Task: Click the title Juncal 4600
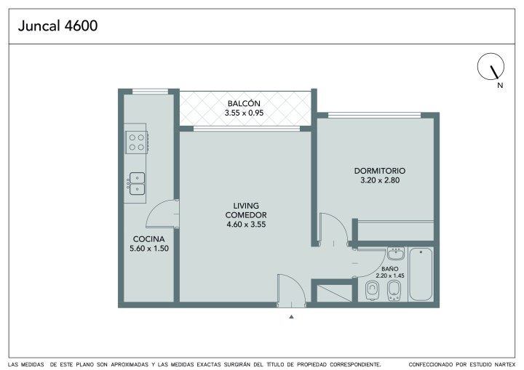(57, 25)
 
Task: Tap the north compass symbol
(491, 66)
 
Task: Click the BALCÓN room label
(244, 102)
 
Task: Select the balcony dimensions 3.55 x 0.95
(244, 113)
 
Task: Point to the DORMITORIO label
(380, 171)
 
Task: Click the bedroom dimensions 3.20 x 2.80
(380, 180)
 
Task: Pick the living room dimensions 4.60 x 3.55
(246, 225)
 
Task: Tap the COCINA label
(148, 239)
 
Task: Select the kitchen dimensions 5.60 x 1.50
(149, 249)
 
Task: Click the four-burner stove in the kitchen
(137, 142)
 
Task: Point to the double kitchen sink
(137, 184)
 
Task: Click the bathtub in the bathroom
(421, 274)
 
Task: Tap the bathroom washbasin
(396, 254)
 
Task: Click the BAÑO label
(390, 269)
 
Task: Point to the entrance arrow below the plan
(291, 316)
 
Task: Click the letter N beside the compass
(500, 85)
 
